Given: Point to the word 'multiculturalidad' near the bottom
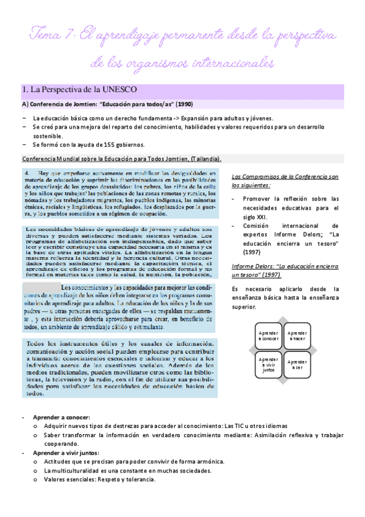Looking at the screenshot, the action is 74,470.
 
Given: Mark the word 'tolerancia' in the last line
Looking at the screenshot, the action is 141,479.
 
